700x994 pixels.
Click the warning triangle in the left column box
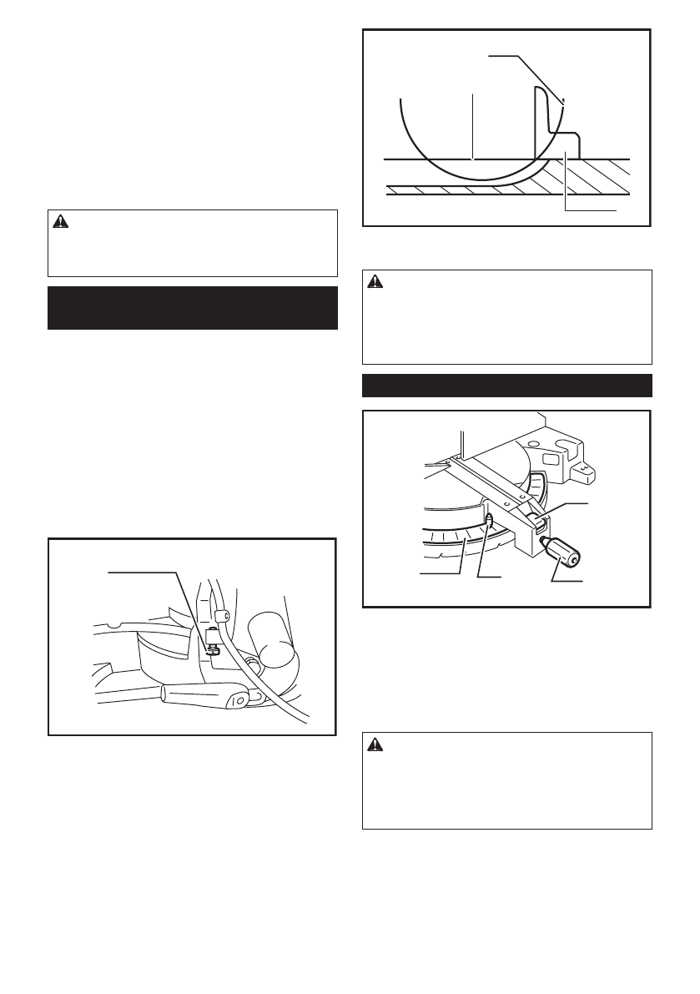click(59, 222)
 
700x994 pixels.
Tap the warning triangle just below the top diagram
click(374, 283)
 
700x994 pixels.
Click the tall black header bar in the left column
click(193, 308)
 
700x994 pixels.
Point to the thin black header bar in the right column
click(506, 386)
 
